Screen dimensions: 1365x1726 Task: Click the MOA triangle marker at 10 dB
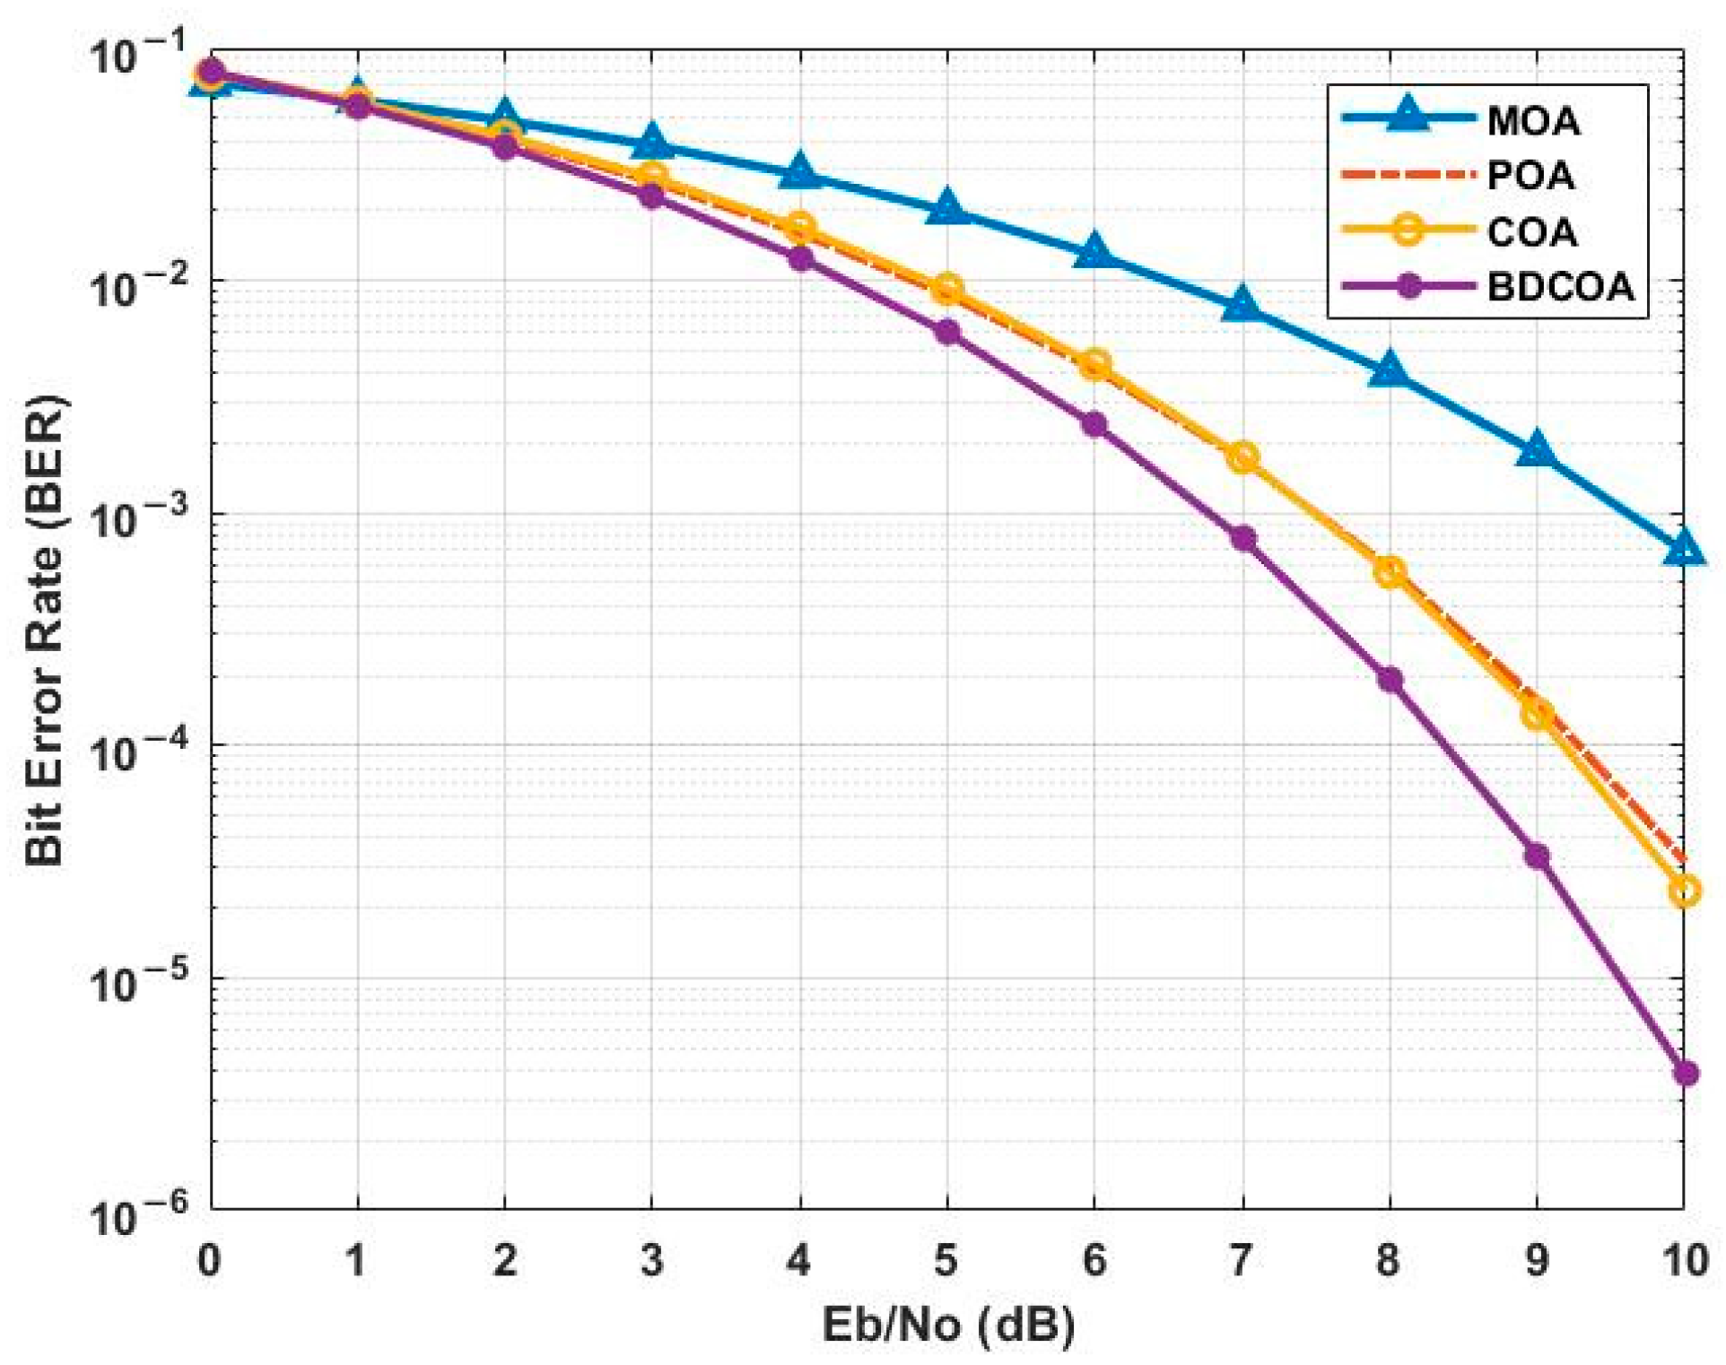1684,549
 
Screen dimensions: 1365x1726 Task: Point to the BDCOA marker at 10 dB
1685,1073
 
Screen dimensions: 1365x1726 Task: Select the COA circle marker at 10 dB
1684,891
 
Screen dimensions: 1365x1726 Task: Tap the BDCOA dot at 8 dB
1390,680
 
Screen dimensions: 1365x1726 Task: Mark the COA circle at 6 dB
1094,364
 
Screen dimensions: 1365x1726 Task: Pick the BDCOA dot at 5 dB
947,333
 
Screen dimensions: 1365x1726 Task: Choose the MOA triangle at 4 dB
799,173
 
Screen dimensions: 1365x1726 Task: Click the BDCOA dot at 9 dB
1537,856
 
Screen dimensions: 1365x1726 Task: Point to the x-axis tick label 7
1241,1260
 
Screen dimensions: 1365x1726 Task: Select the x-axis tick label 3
652,1260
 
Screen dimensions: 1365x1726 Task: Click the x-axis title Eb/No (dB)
947,1325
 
